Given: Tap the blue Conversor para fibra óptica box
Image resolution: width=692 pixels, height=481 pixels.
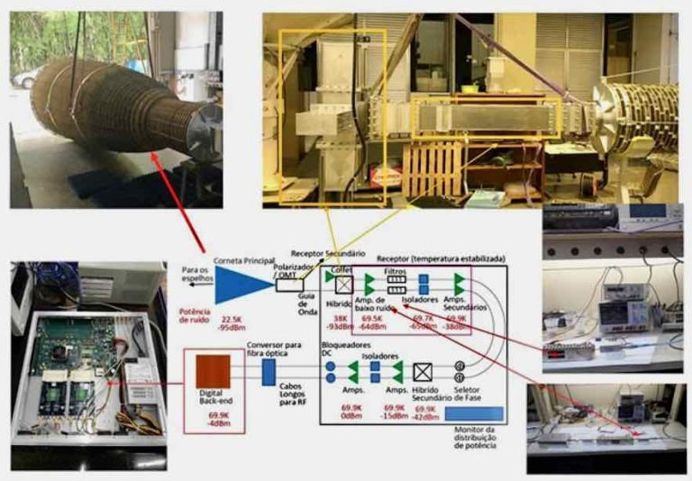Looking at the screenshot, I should click(268, 371).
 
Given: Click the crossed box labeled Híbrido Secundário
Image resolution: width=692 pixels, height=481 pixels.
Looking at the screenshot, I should click(421, 371).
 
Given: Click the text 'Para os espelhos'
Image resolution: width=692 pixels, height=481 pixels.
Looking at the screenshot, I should click(196, 274).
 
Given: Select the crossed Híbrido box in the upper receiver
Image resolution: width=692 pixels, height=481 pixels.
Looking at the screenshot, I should click(343, 284).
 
